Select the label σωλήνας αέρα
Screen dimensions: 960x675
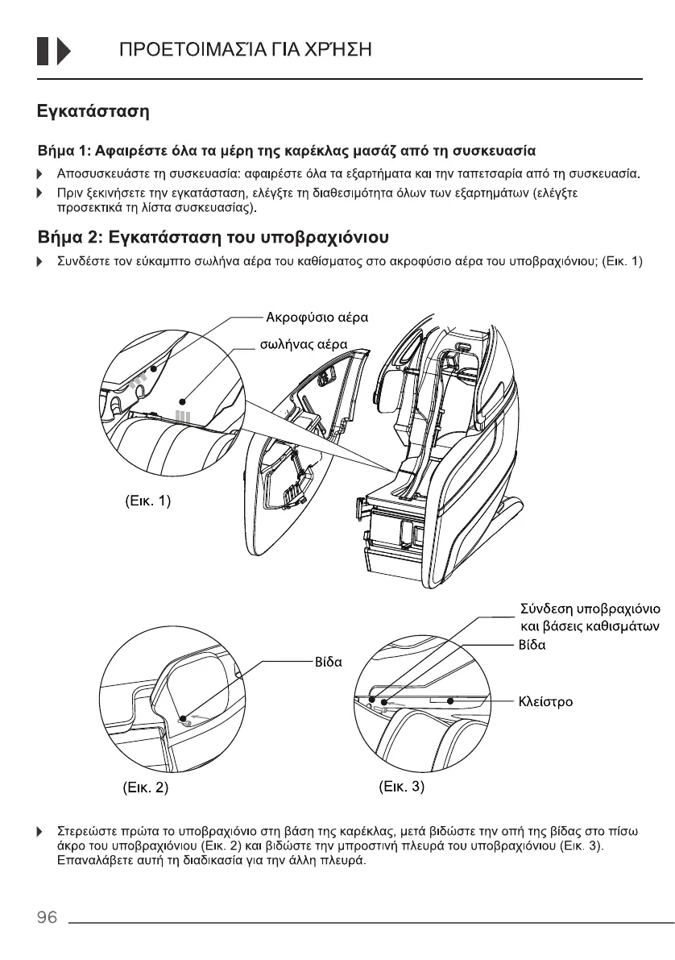click(x=307, y=344)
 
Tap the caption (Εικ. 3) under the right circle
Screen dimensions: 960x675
click(x=400, y=787)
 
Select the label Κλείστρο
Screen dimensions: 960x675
click(x=545, y=701)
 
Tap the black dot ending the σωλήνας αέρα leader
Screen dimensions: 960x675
click(x=183, y=399)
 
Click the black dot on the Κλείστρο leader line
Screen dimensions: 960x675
click(x=451, y=701)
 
